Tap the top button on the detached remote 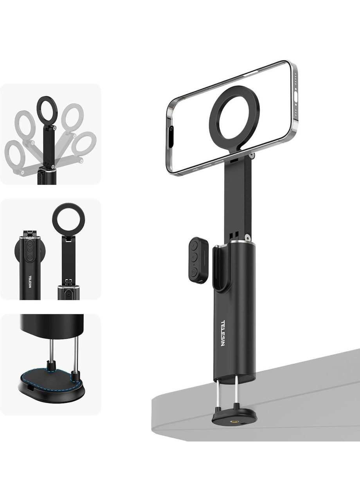(x=194, y=245)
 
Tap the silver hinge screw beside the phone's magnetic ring (x=252, y=155)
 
